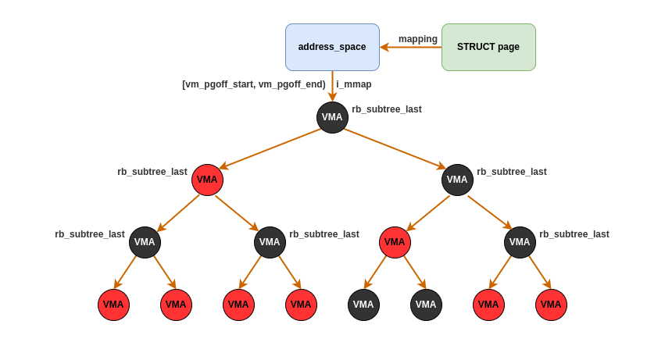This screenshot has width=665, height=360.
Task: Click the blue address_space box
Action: point(332,47)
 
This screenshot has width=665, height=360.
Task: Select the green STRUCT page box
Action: point(488,47)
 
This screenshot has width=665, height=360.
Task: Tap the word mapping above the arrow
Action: point(418,39)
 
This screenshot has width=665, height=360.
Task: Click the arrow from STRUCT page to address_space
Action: point(411,47)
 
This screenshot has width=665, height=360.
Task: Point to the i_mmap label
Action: point(354,84)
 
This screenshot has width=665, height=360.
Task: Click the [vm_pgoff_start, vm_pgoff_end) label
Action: point(254,84)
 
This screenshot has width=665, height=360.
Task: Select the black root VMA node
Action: point(332,117)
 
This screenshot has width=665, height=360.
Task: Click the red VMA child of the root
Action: point(207,180)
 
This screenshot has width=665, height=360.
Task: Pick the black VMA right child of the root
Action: point(457,180)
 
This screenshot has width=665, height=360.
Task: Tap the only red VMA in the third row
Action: point(395,242)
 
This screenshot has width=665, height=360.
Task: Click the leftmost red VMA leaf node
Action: point(113,305)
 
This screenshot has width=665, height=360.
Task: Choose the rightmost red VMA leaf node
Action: point(551,305)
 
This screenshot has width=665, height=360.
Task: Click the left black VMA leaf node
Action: point(363,305)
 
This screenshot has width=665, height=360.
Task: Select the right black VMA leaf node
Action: point(426,305)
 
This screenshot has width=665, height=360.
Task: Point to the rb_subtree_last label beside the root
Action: point(387,109)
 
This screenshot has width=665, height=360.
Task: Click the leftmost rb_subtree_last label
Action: point(90,234)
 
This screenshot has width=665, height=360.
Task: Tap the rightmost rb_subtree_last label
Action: point(574,234)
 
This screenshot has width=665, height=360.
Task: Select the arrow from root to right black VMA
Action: point(395,148)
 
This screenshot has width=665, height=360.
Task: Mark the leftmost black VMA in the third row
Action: point(145,242)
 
